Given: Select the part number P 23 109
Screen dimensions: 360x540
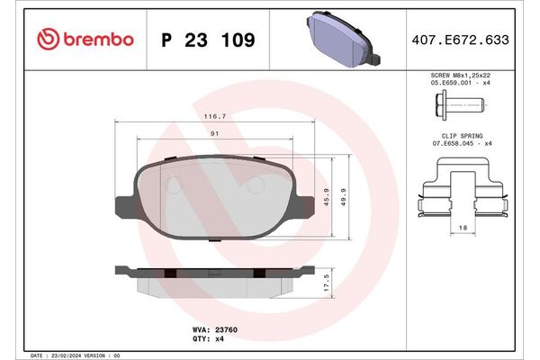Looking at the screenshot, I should pos(207,40).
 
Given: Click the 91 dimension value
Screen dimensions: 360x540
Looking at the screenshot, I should pos(213,133).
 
